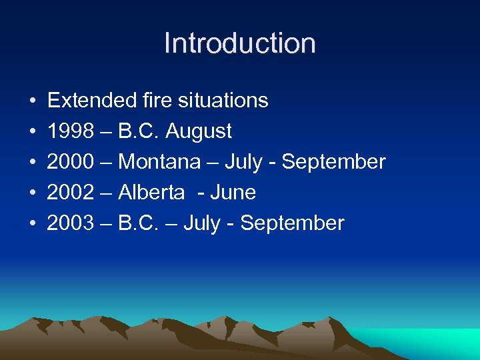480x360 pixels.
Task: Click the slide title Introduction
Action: [240, 43]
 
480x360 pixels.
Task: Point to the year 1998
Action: [70, 131]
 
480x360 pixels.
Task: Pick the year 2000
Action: [70, 162]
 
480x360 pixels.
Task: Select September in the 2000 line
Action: [333, 162]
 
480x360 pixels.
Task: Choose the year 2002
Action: [70, 193]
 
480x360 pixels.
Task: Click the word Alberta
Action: [151, 193]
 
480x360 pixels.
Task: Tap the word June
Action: [233, 193]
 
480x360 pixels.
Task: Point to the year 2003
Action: [70, 223]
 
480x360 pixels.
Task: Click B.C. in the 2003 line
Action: [138, 223]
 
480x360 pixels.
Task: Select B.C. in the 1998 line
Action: [138, 131]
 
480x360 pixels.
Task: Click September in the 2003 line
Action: [292, 223]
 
